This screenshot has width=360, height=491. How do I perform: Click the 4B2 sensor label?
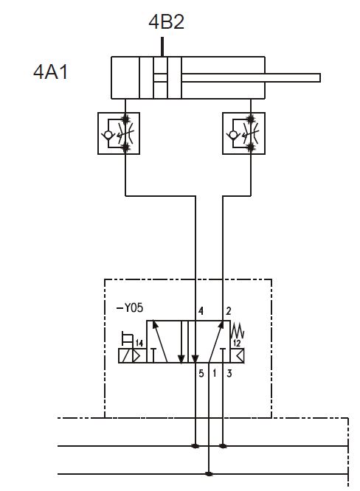[166, 21]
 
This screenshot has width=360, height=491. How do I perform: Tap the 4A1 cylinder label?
[51, 72]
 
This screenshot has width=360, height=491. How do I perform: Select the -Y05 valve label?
[130, 308]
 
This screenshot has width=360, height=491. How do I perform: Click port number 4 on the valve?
[201, 311]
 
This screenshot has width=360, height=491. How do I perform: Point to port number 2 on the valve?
[229, 311]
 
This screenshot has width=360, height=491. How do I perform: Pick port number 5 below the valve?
[201, 373]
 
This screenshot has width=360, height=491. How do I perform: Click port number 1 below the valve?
[215, 373]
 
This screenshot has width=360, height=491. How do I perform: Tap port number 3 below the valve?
[229, 373]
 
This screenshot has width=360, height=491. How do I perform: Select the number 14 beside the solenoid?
[139, 344]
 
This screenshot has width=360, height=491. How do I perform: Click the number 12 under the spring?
[237, 344]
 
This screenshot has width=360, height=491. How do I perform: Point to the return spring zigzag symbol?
[238, 330]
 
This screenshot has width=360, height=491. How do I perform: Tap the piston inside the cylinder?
[160, 77]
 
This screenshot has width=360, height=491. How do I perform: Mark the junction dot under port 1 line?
[209, 474]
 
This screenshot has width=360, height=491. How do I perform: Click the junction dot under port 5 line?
[195, 446]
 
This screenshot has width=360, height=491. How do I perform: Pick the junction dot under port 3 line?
[223, 446]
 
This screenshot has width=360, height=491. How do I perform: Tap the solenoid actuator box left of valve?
[132, 356]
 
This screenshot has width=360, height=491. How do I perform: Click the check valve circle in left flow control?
[108, 135]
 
